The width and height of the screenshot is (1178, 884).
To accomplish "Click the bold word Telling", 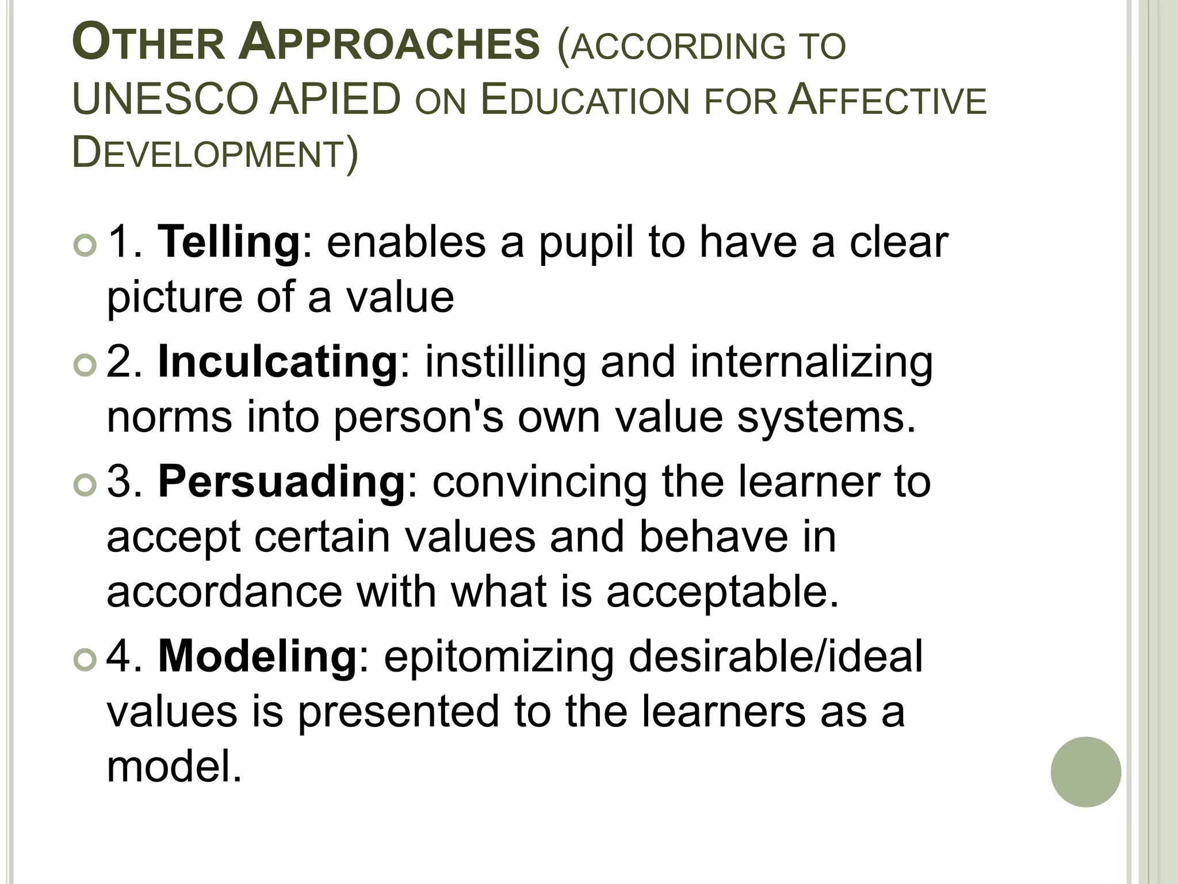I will [229, 242].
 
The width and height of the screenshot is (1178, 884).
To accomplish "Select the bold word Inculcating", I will [278, 362].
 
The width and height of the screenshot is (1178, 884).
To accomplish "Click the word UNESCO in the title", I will [165, 100].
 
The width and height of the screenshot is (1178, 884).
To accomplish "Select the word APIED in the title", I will [335, 100].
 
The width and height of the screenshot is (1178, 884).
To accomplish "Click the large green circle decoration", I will [1085, 772].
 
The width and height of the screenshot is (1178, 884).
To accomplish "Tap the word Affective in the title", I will [888, 100].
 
